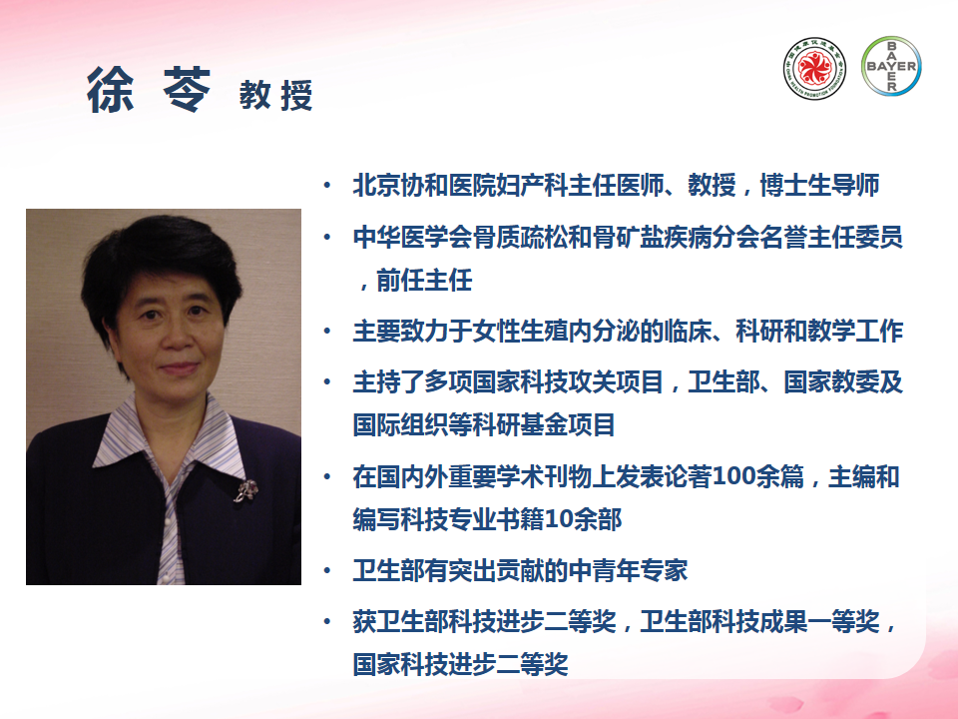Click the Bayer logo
click(x=891, y=66)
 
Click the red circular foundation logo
click(x=814, y=68)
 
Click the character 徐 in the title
click(x=111, y=90)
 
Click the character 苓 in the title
click(x=187, y=90)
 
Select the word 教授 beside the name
click(x=276, y=96)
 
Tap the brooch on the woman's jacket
click(x=245, y=490)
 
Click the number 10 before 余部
click(x=559, y=519)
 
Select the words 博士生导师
click(x=820, y=186)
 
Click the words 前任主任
click(x=424, y=281)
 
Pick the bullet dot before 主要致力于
click(x=327, y=332)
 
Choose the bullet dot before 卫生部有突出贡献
click(x=327, y=570)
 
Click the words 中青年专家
click(x=628, y=570)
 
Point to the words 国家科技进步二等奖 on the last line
click(x=461, y=665)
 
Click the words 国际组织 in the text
click(x=400, y=425)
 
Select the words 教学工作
click(x=855, y=332)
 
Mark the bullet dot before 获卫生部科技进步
click(x=327, y=622)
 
